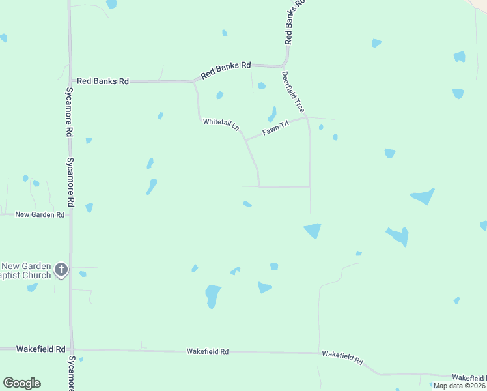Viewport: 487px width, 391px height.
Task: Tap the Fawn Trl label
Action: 275,128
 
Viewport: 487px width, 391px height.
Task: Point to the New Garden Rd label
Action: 40,214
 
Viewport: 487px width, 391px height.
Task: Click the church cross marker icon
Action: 61,269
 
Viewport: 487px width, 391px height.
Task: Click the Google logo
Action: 21,383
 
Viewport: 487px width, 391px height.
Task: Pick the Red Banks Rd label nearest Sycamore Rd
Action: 103,81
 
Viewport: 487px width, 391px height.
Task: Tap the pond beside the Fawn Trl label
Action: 271,115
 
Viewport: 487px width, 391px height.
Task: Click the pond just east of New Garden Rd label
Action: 89,207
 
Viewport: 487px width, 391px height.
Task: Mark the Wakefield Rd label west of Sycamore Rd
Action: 33,349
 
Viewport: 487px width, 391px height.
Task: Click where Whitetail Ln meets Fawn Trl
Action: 245,139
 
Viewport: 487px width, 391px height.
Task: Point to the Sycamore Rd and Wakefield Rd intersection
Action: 72,349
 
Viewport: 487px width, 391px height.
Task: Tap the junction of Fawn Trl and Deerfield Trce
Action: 307,118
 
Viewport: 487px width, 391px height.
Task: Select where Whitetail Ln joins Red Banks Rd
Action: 195,81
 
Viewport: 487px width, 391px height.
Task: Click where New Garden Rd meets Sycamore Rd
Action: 71,214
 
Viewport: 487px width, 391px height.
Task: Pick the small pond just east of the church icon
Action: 83,274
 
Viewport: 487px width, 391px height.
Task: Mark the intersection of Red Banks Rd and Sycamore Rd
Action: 70,81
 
